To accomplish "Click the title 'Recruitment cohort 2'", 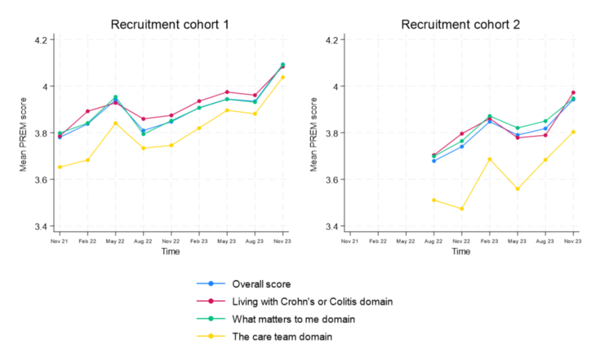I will pyautogui.click(x=461, y=25).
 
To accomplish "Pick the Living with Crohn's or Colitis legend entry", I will pyautogui.click(x=312, y=302).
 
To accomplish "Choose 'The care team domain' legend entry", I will pyautogui.click(x=282, y=336).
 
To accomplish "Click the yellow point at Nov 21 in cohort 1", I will pyautogui.click(x=60, y=167).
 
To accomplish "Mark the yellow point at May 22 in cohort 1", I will pyautogui.click(x=116, y=123).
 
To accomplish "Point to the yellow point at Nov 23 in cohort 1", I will pyautogui.click(x=283, y=77).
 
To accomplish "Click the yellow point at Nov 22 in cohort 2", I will pyautogui.click(x=461, y=209).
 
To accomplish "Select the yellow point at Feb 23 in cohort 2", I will pyautogui.click(x=490, y=159).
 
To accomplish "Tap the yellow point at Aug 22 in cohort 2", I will pyautogui.click(x=434, y=200).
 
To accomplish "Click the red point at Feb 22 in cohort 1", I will pyautogui.click(x=87, y=111).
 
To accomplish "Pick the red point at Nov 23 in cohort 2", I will pyautogui.click(x=573, y=93).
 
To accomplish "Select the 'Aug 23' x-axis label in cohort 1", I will pyautogui.click(x=254, y=241).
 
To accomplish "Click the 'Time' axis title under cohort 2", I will pyautogui.click(x=461, y=251).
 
